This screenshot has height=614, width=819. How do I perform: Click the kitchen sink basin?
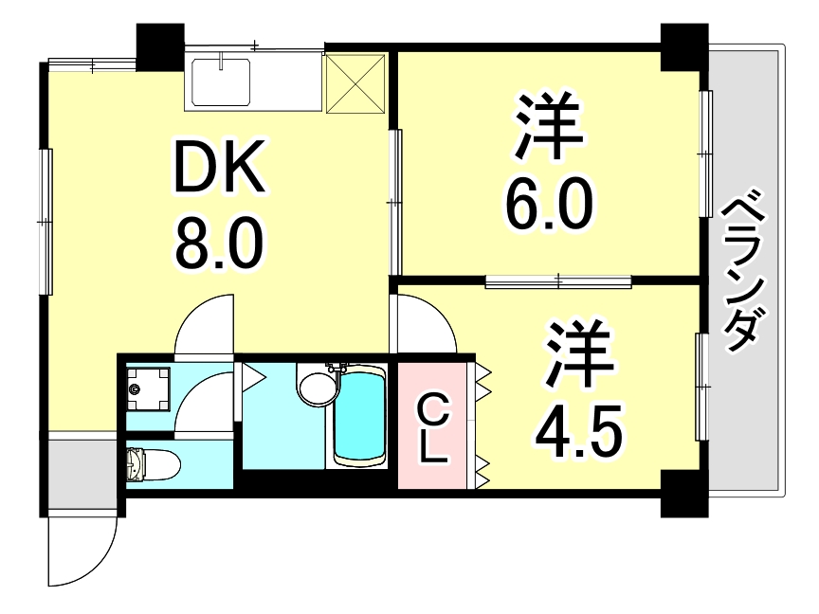pos(221,81)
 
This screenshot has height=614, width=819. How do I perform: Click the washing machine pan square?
pos(149,388)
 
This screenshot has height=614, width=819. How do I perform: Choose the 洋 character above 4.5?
pos(577,355)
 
